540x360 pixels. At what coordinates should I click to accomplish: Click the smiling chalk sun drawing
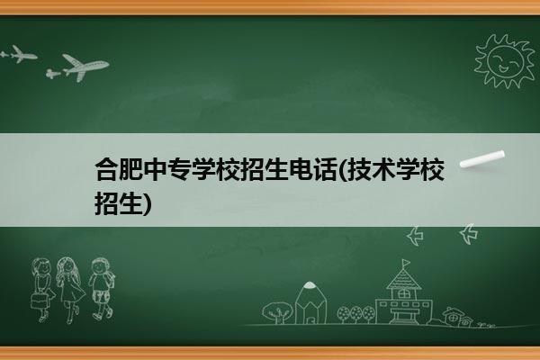504,61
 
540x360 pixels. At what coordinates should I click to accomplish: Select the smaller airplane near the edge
19,54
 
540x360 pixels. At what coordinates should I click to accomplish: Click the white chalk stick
482,159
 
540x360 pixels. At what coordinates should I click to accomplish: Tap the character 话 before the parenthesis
324,169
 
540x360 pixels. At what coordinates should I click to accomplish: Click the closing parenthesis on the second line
148,204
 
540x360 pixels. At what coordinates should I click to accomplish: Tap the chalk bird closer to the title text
415,236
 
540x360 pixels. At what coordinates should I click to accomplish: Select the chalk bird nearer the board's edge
469,234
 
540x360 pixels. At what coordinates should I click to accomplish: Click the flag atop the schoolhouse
407,263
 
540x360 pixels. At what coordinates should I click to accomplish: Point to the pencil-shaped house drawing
310,302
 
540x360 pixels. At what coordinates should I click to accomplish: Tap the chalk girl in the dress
70,290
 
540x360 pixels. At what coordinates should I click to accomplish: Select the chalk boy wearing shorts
102,289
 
